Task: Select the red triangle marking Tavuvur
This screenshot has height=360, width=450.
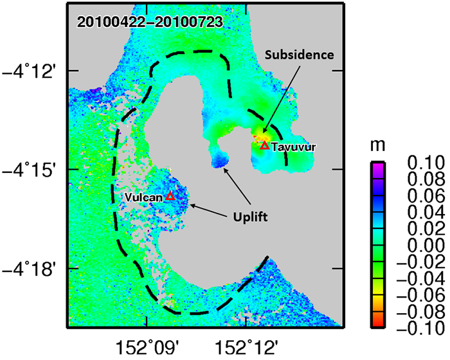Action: click(x=264, y=145)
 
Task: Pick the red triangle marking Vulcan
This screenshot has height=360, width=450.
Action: click(x=170, y=196)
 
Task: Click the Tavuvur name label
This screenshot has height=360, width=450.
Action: click(x=294, y=147)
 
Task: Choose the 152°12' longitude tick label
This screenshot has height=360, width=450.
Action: click(x=246, y=348)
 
